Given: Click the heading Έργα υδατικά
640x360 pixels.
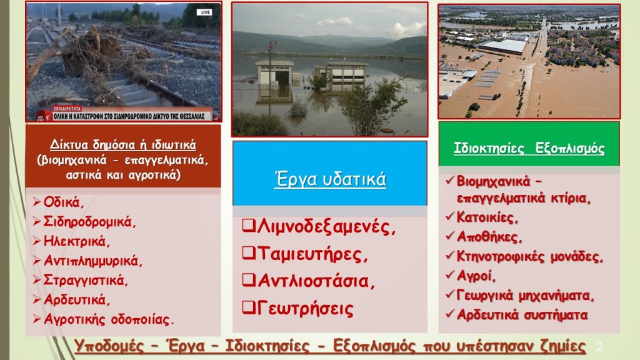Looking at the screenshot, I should coord(330,179).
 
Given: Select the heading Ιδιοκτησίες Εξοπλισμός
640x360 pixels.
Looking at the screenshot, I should coord(529,149).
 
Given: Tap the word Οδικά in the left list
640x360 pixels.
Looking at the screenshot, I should coord(63,202).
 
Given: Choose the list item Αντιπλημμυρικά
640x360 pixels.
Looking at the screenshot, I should coord(93,260).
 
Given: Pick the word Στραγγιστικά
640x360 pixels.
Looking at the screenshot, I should coord(86,279).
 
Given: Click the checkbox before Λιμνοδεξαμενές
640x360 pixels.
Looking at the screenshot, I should coord(247,226).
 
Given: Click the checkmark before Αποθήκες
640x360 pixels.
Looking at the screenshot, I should coord(449,237).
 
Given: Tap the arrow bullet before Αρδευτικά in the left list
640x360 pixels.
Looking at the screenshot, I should coord(37,299).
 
